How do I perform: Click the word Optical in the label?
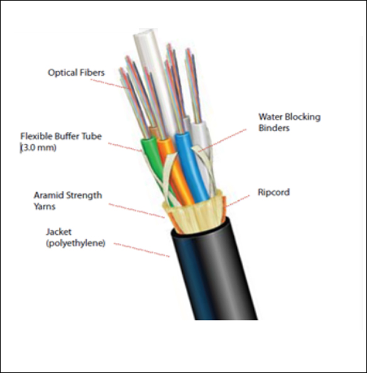coord(63,73)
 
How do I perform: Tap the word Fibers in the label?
coord(92,73)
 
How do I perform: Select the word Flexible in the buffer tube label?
coord(36,136)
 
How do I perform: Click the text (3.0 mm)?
coord(38,148)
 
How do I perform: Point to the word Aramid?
coord(49,195)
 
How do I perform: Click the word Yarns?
coord(45,207)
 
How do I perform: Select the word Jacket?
coord(59,232)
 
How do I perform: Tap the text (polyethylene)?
coord(75,244)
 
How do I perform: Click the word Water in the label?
coord(270,117)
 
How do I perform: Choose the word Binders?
coord(274,128)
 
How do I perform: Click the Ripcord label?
coord(274,192)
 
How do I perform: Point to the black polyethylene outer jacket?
coord(214,269)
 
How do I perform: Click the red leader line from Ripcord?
coord(238,200)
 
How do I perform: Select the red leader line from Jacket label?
coord(141,251)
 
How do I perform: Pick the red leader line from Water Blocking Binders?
coord(222,141)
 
